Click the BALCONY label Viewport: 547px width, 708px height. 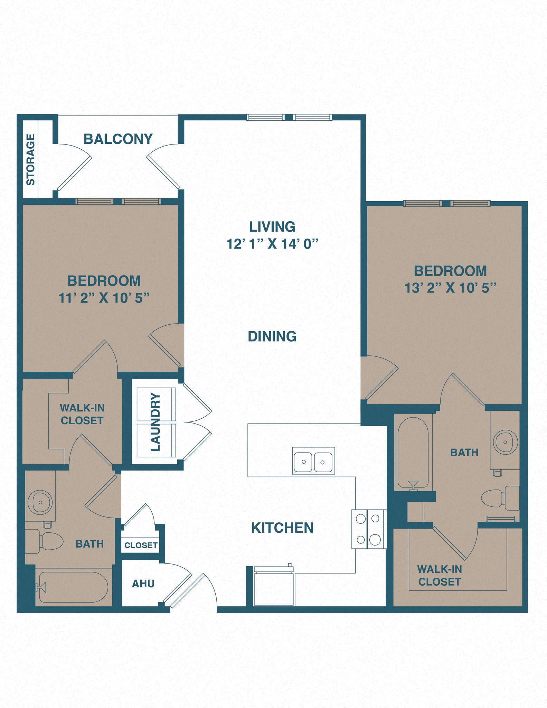point(118,139)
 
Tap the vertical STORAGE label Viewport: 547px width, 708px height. point(30,160)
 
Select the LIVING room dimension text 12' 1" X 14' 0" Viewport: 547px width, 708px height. point(272,244)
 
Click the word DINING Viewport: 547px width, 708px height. point(272,336)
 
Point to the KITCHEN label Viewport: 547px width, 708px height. point(282,528)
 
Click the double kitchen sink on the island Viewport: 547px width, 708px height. point(313,461)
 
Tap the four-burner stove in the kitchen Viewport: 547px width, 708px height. point(369,529)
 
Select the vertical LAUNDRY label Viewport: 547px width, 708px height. point(156,422)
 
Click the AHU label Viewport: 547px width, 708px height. point(143,584)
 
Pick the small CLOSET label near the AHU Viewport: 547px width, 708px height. point(141,545)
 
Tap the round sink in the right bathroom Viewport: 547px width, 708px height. point(505,442)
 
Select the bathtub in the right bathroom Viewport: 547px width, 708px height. point(413,453)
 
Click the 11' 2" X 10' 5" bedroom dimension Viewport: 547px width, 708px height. point(104,298)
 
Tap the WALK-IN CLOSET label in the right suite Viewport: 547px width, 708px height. point(439,576)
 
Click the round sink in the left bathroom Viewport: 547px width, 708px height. point(40,502)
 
